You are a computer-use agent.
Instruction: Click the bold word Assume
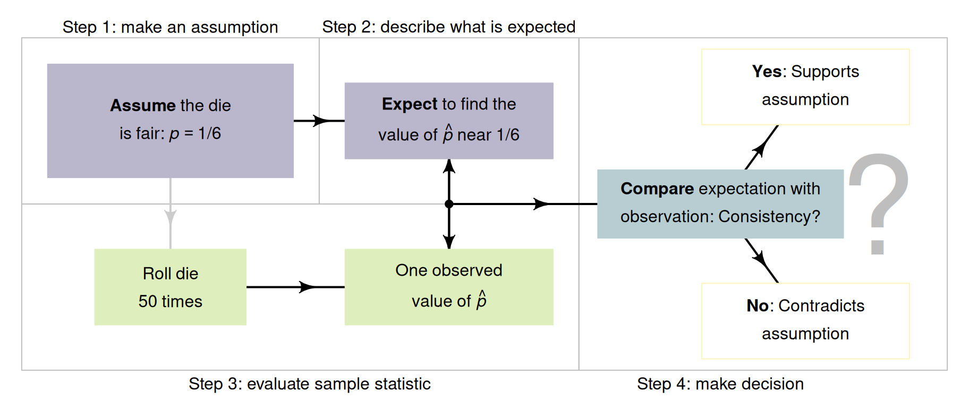point(142,105)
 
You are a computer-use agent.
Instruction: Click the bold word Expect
point(409,104)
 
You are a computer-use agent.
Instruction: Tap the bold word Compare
point(657,189)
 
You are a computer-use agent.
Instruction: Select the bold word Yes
point(767,71)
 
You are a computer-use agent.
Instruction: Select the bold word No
point(757,305)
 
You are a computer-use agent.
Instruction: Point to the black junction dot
point(449,204)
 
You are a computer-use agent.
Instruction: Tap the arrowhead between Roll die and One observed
point(307,287)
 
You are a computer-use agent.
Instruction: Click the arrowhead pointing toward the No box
point(760,259)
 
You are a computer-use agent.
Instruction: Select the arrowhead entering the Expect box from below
point(449,166)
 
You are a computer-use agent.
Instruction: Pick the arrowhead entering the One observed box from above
point(449,242)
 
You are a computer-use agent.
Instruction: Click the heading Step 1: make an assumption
point(170,27)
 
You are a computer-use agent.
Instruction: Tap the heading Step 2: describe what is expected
point(448,27)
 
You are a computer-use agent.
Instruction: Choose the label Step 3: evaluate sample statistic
point(309,384)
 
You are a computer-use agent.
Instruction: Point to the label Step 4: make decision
point(720,384)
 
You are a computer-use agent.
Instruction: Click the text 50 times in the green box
point(170,301)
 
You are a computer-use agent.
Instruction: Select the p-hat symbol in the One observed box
point(481,300)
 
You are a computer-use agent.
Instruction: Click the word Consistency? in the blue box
point(769,216)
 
